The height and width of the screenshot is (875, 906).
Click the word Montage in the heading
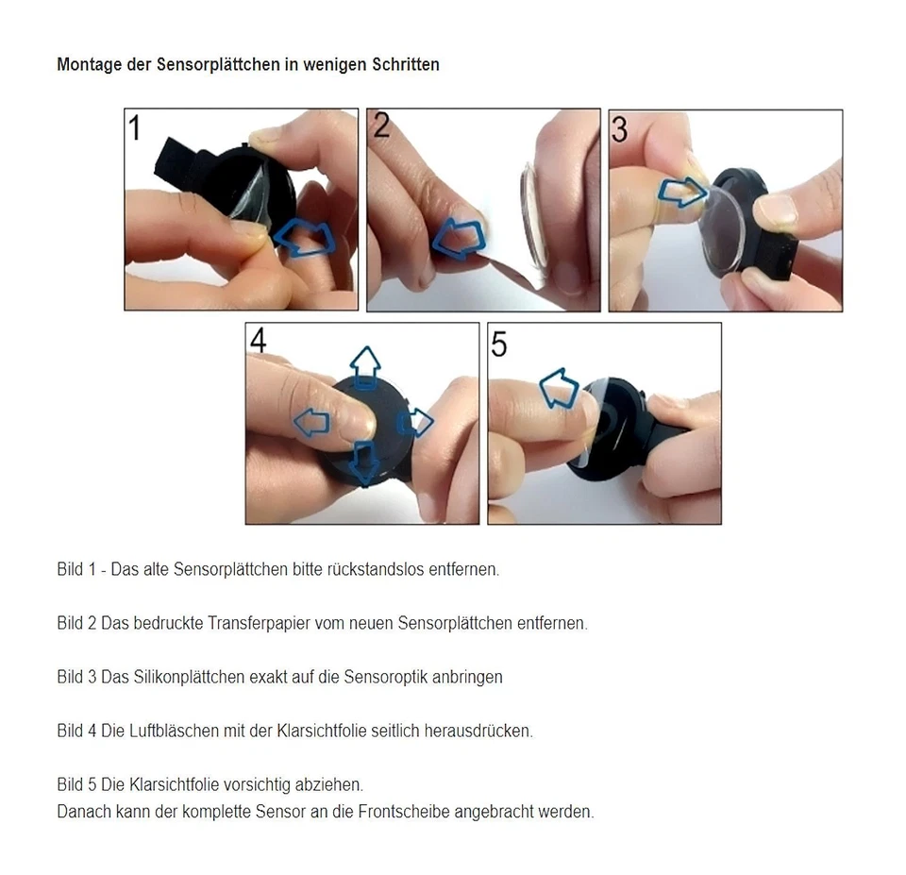[x=89, y=65]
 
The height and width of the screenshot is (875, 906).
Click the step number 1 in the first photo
[x=135, y=126]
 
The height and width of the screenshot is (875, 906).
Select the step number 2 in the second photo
[x=380, y=125]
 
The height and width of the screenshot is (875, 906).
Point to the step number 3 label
[x=620, y=128]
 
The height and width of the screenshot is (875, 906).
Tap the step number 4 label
[x=258, y=341]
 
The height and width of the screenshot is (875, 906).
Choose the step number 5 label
[x=499, y=345]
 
